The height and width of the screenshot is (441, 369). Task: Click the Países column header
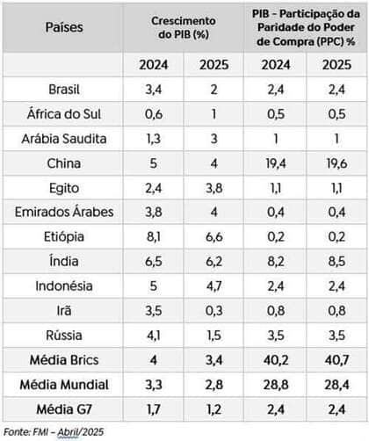tap(64, 26)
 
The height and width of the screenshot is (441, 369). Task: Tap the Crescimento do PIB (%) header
tap(184, 26)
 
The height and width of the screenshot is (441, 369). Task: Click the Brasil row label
tap(64, 89)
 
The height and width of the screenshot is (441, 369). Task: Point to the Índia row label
tap(64, 261)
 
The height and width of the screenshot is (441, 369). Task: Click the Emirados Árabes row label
tap(64, 212)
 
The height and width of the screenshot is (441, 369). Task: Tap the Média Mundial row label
tap(64, 384)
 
